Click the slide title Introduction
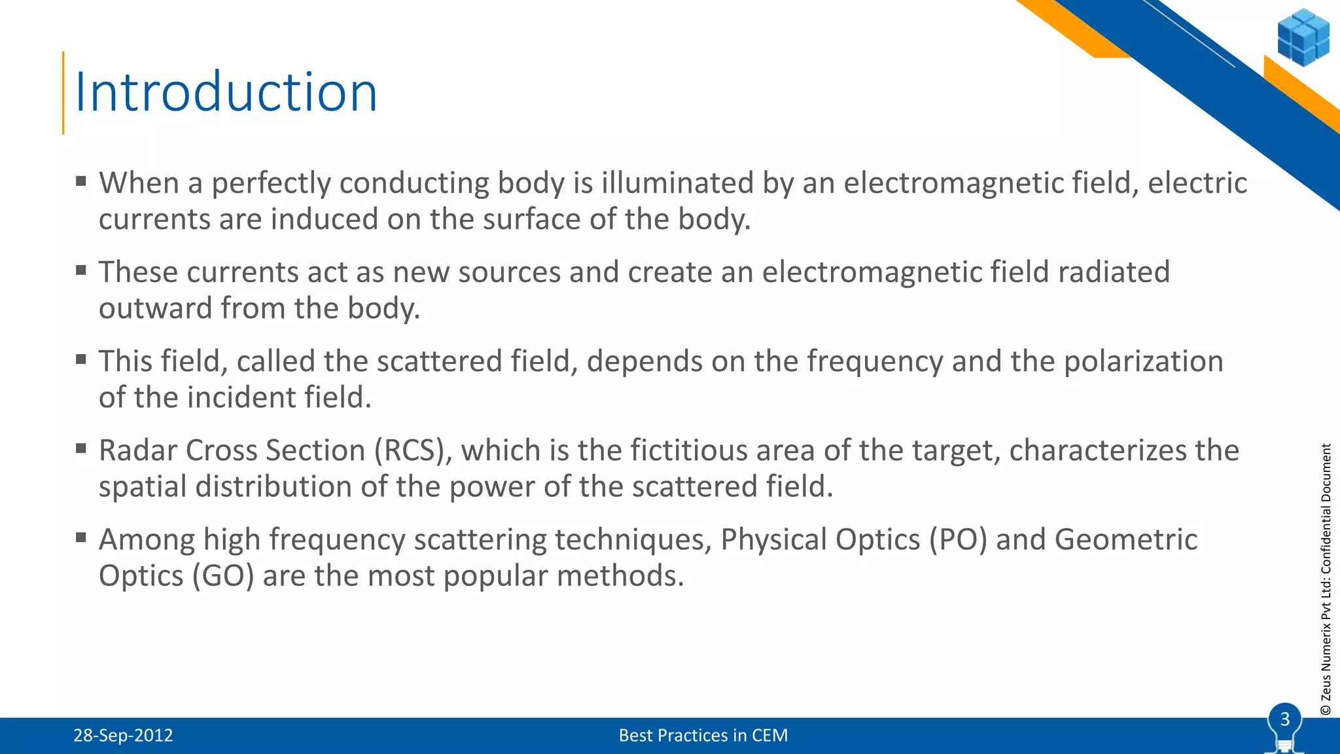(226, 92)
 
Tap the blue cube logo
(1303, 37)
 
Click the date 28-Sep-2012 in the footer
(123, 736)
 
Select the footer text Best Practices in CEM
(703, 736)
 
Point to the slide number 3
(1284, 719)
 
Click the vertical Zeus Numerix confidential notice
(1326, 579)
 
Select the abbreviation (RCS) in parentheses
(413, 451)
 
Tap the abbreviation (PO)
(957, 540)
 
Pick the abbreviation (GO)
(222, 577)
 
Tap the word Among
(147, 540)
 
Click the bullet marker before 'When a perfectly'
(81, 181)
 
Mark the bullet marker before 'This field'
(81, 359)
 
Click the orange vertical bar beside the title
(63, 92)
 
